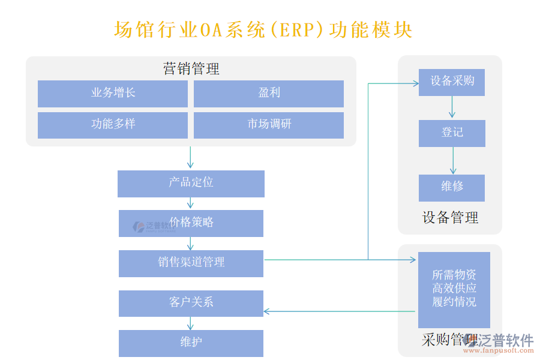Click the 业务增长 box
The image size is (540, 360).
point(113,94)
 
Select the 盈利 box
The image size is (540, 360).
point(269,94)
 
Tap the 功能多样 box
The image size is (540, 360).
point(113,125)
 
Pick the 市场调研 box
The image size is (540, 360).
point(269,125)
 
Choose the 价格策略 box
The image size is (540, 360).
point(191,223)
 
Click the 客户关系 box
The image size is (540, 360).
point(191,303)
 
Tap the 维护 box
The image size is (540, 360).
point(191,343)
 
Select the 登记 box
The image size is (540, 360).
point(452,133)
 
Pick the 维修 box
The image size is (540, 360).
point(452,187)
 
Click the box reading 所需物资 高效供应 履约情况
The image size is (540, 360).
point(454,289)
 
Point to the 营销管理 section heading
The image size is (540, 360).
point(191,68)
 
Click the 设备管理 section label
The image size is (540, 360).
point(450,218)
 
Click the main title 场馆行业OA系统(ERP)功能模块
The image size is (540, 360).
point(263,30)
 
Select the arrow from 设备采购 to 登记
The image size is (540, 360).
point(452,108)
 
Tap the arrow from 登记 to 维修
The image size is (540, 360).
point(452,161)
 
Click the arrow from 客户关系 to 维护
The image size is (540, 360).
point(191,323)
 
